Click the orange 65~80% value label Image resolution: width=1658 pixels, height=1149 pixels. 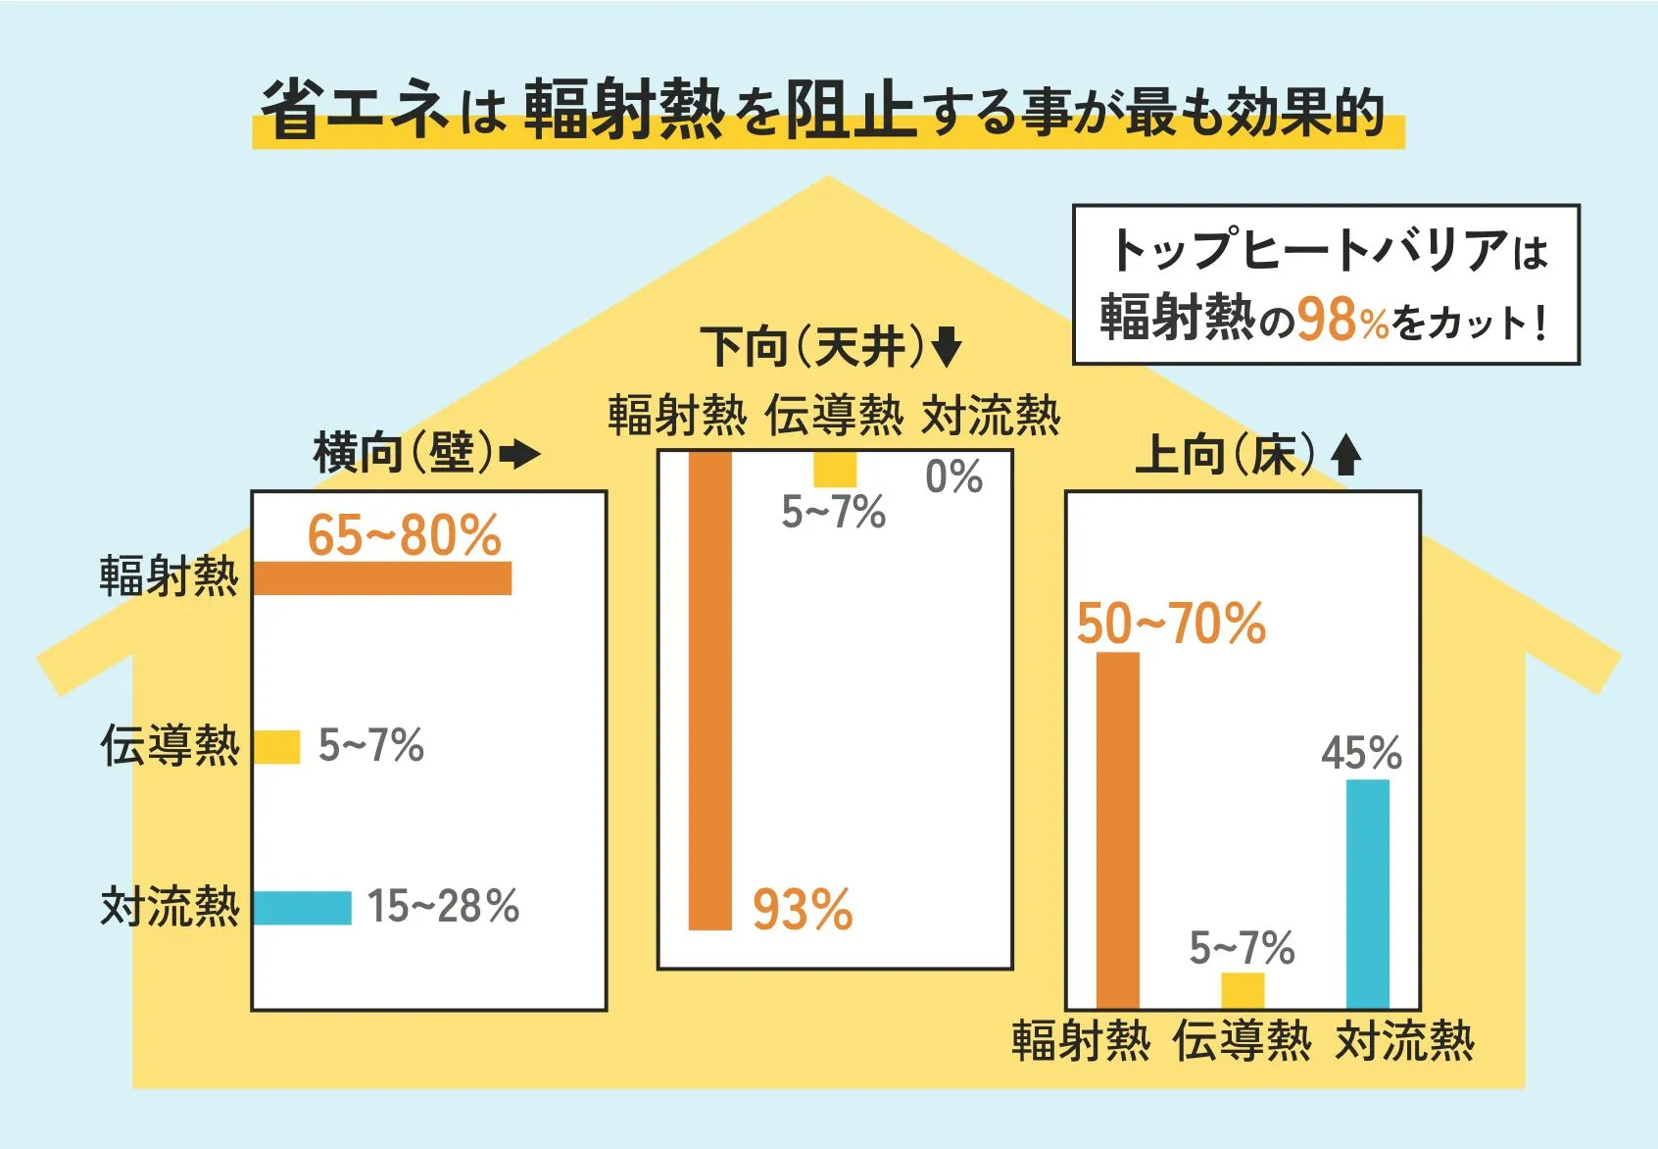(404, 536)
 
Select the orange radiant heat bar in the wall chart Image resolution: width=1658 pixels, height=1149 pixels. (382, 578)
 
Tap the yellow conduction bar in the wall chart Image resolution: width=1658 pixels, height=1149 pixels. (276, 747)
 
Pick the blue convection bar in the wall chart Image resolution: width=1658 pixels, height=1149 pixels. (302, 908)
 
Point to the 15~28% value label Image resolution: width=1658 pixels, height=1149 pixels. (443, 907)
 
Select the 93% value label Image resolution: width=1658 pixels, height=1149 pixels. (803, 910)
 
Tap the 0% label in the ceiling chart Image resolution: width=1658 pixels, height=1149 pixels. (953, 477)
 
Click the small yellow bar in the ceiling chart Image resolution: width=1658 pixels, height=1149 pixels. (835, 470)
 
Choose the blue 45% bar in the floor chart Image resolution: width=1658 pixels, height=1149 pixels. (1367, 894)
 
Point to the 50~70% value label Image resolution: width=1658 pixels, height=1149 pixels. (1171, 624)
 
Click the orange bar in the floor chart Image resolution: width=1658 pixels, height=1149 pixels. (1117, 830)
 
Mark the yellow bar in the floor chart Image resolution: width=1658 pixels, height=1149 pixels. (1243, 990)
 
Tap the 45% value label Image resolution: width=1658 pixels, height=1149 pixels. (1361, 754)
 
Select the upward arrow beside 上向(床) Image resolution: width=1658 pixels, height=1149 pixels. (1346, 456)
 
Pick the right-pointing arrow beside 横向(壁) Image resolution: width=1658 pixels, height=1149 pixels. (519, 454)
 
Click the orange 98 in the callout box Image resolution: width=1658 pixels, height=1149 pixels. (1328, 320)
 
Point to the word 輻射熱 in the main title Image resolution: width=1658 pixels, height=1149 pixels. (623, 110)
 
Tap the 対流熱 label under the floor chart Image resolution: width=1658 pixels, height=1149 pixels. (1404, 1041)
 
